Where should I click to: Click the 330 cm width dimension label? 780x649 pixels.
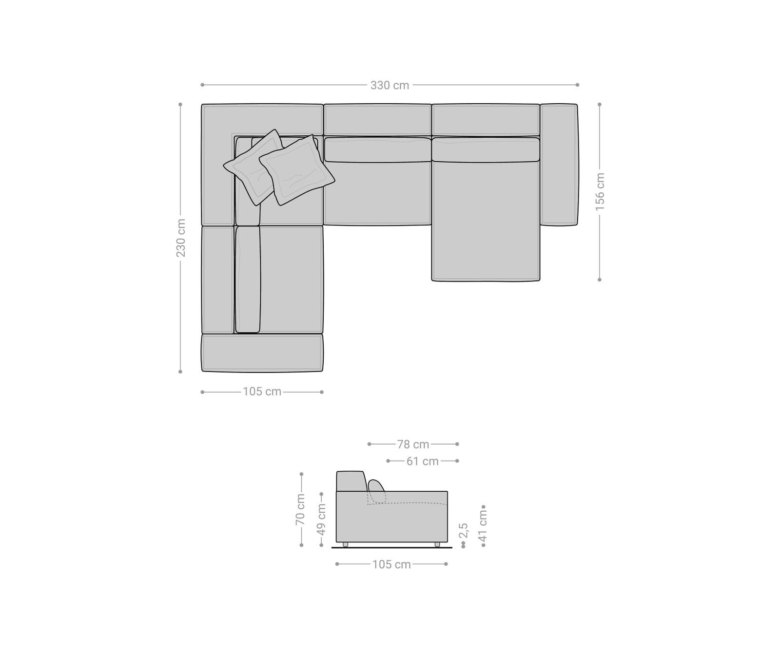(390, 85)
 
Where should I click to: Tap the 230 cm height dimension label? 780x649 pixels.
(181, 238)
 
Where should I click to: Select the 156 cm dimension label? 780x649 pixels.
(600, 191)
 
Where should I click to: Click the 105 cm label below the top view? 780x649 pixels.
(262, 392)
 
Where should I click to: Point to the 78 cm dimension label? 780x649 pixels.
(413, 445)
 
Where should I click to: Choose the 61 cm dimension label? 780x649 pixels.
(422, 461)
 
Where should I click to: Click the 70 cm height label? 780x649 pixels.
(301, 509)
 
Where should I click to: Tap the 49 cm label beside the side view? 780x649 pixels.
(322, 519)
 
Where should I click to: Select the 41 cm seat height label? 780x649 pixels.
(483, 526)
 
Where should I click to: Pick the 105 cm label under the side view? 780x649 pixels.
(391, 564)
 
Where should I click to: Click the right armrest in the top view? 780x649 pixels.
(559, 165)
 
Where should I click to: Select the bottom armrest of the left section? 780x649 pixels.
(262, 353)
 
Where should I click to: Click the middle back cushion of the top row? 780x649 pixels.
(378, 150)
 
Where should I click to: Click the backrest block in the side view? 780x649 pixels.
(350, 481)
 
